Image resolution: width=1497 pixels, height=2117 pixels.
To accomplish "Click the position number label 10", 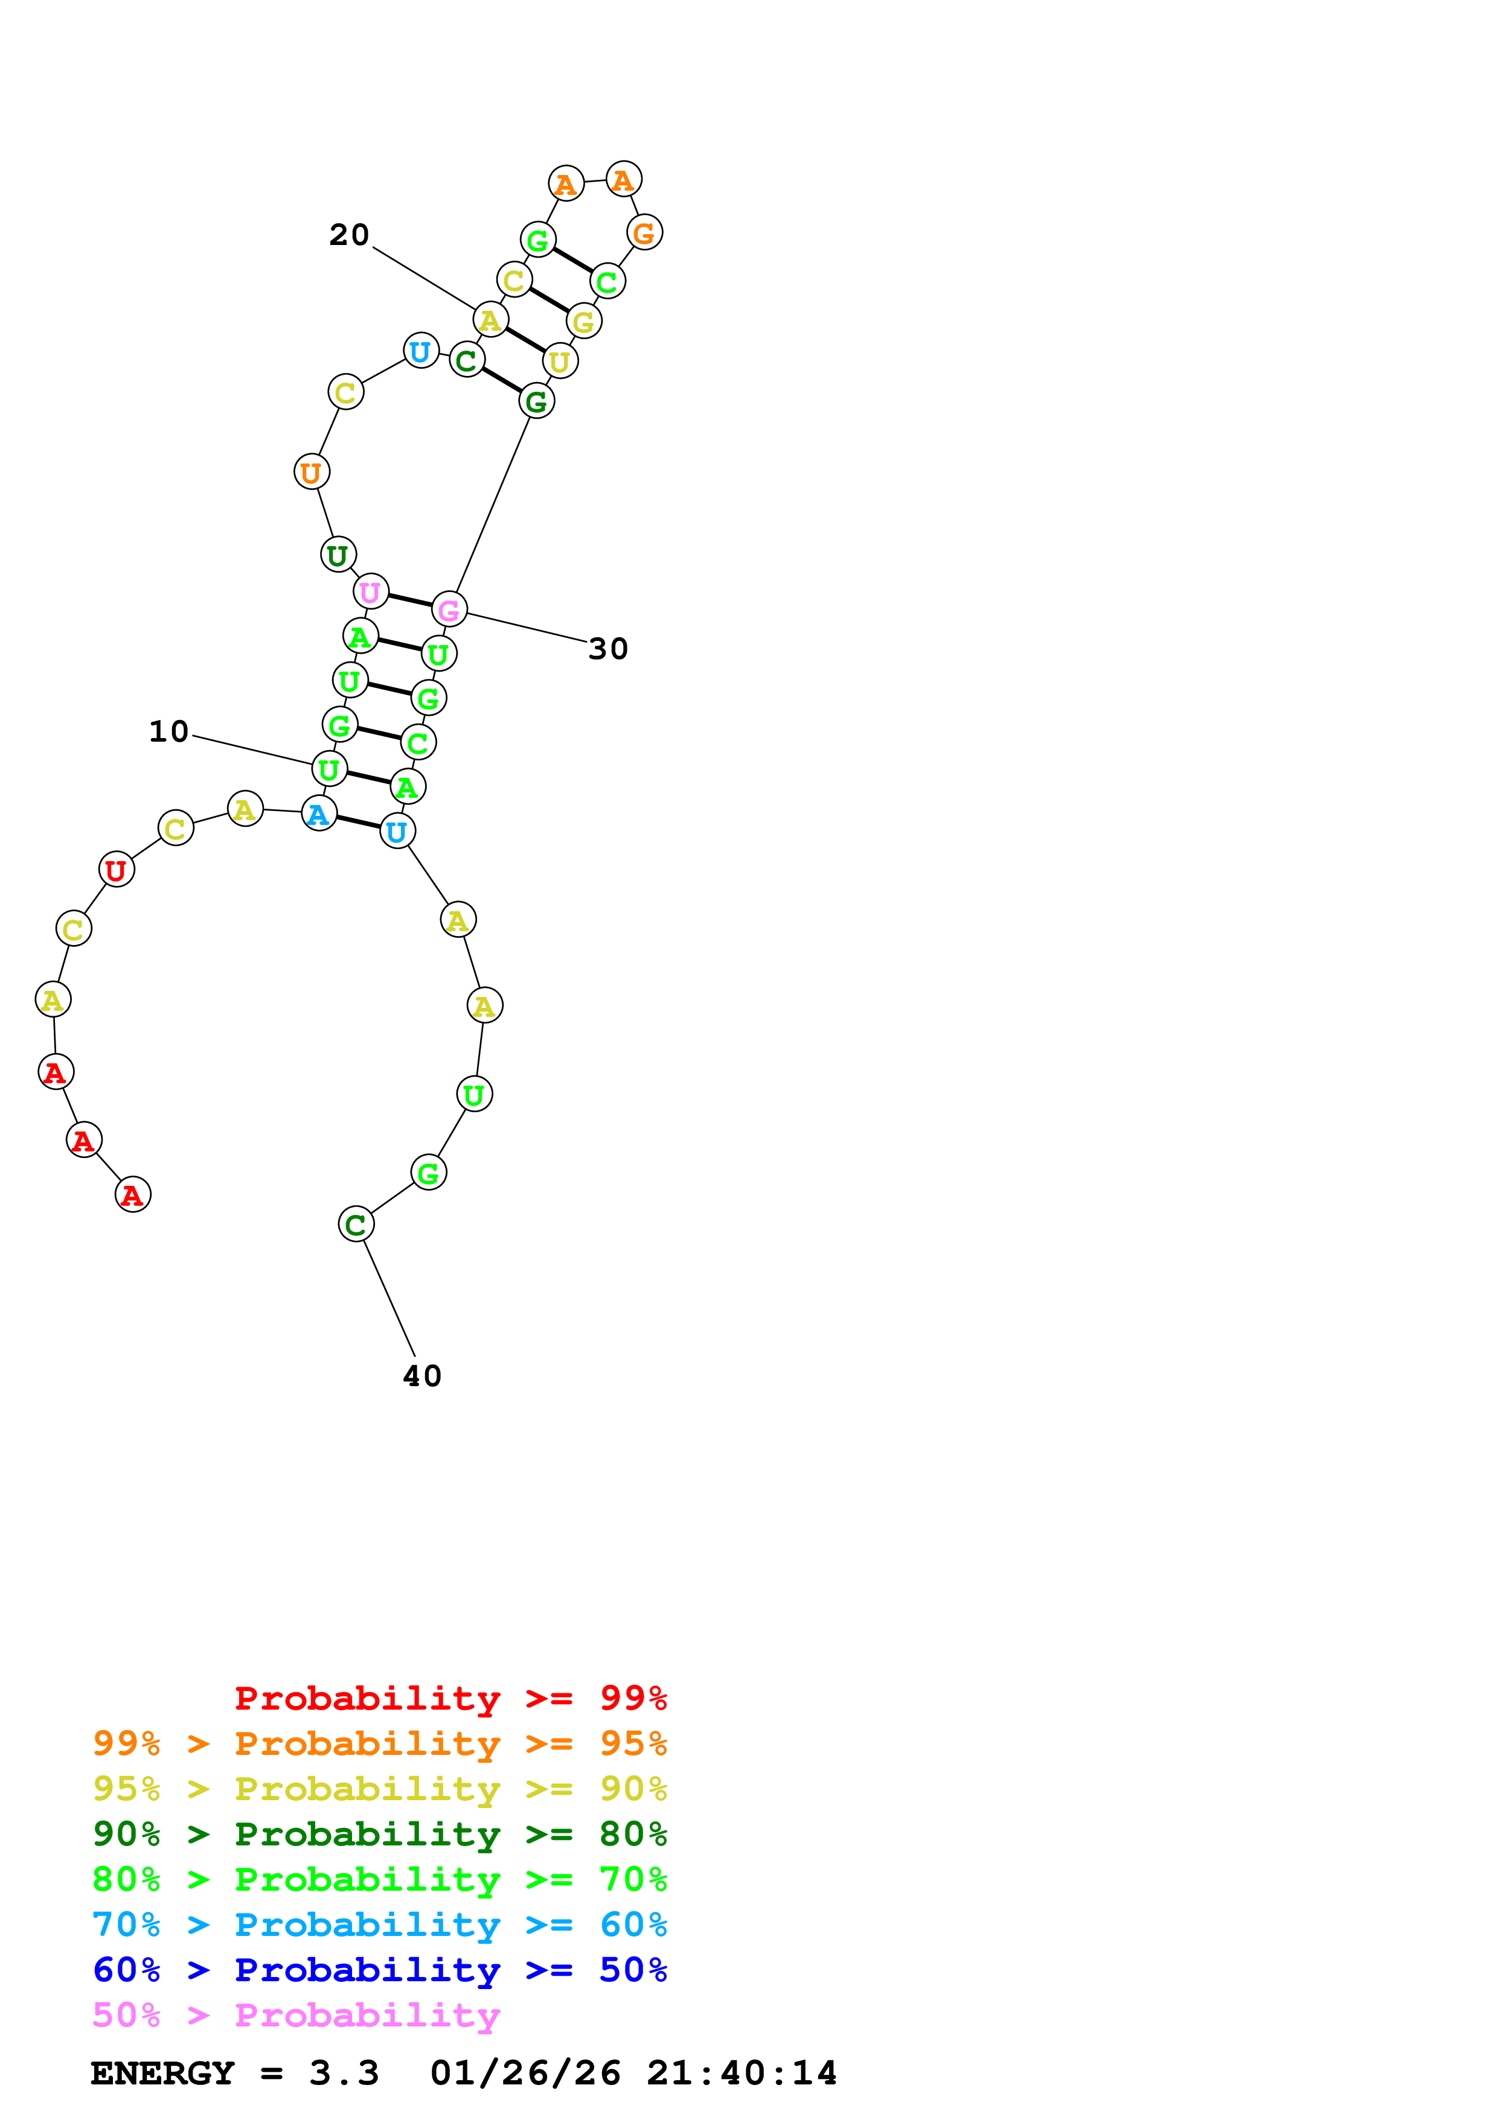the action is click(169, 732).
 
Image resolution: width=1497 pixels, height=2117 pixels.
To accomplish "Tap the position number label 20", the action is click(350, 235).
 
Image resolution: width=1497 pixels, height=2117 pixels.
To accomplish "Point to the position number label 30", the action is click(608, 649).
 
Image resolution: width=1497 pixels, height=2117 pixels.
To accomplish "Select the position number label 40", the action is click(423, 1377).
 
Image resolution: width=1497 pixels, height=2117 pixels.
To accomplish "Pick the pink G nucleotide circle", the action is click(449, 610).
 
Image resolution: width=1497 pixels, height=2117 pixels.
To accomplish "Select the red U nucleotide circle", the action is click(116, 870).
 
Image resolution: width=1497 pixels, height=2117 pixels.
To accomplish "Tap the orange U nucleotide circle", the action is click(312, 472).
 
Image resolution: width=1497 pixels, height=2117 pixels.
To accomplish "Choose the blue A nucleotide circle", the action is click(319, 814).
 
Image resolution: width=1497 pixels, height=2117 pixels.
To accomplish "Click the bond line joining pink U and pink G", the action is click(409, 600).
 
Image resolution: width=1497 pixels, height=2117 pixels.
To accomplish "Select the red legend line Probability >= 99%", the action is click(451, 1698).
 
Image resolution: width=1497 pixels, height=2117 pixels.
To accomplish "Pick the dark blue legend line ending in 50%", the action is click(380, 1970).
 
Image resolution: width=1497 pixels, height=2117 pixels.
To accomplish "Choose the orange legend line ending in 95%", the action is click(380, 1743).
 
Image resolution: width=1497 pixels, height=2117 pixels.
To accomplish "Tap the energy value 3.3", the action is click(344, 2074).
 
